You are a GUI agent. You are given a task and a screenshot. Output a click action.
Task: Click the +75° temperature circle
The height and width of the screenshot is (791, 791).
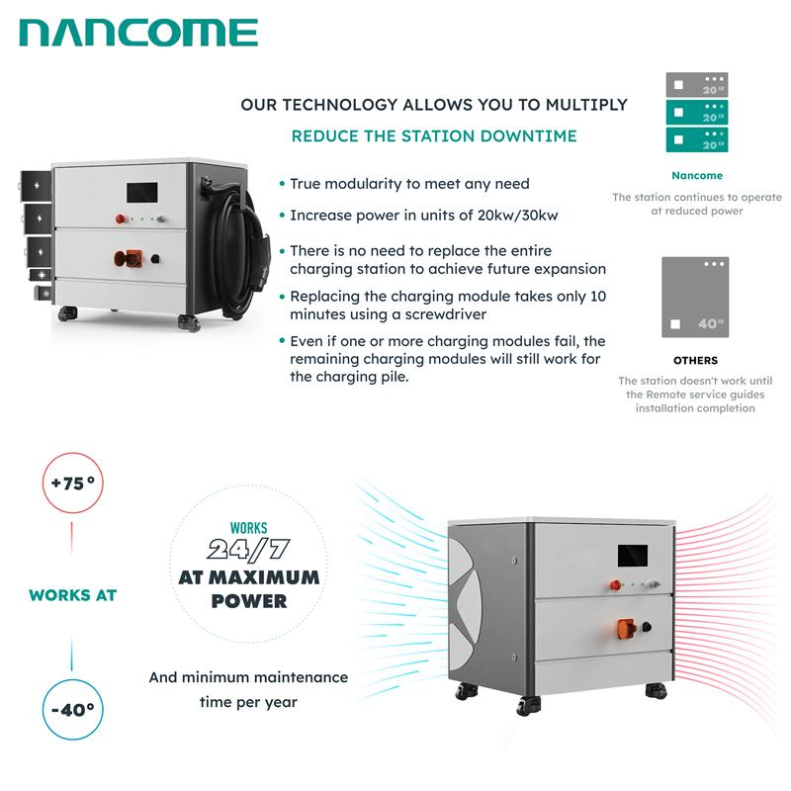pos(72,486)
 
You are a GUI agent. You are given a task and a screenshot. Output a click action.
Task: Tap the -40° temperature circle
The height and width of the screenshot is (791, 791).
pos(72,708)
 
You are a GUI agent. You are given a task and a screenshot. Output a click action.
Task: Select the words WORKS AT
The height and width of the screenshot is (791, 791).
pos(72,595)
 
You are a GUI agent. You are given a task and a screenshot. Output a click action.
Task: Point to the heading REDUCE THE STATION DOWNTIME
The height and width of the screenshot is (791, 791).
pos(434,136)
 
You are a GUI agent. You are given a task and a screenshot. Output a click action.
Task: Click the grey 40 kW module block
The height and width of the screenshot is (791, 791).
pos(694,297)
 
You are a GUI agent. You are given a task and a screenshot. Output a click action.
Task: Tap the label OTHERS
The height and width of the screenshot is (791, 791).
pos(696,361)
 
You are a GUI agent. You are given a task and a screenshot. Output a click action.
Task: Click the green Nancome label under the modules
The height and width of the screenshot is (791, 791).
pos(696,176)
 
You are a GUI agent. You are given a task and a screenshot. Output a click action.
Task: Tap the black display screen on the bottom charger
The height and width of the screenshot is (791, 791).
pos(632,557)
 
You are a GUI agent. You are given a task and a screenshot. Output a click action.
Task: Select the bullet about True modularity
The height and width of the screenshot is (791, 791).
pos(408,184)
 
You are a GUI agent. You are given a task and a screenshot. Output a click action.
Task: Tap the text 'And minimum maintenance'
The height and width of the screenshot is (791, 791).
pos(248,678)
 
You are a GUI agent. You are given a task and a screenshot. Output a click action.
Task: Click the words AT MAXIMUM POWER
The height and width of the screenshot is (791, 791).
pos(248,588)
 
